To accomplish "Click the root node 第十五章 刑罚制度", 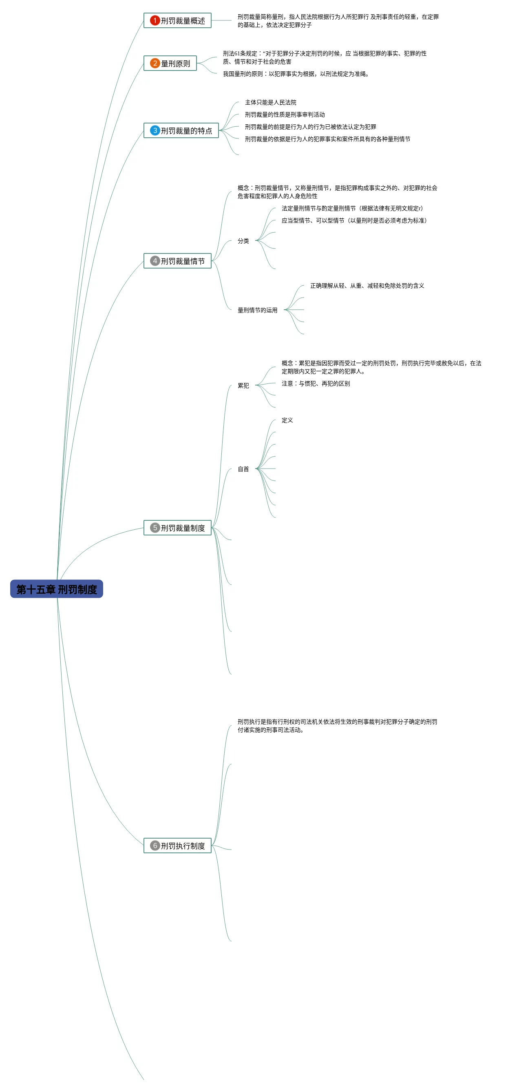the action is coord(56,588).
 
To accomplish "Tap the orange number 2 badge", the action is coord(155,63).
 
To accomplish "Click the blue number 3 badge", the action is coord(155,130).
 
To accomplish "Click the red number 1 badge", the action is coord(155,20).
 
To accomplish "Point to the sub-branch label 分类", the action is coord(243,241).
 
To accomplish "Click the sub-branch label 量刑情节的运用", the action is coord(257,310).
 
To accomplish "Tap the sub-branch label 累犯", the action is coord(243,385).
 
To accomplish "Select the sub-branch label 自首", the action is coord(243,469).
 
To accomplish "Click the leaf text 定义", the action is coord(287,420).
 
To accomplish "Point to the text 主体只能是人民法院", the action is coord(270,102).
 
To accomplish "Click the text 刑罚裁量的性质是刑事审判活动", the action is coord(285,115).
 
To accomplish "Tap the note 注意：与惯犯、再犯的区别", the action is coord(316,383).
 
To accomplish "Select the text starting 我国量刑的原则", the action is coord(296,74).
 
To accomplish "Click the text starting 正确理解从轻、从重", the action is coord(367,286).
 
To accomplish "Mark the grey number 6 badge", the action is coord(155,846).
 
